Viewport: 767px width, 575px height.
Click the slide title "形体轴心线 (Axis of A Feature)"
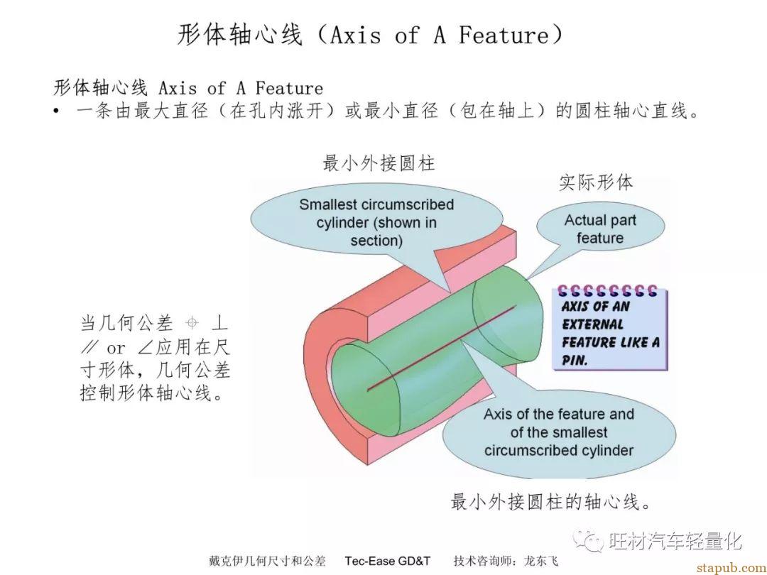pyautogui.click(x=370, y=35)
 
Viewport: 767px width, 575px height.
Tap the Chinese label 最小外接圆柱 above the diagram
pyautogui.click(x=379, y=163)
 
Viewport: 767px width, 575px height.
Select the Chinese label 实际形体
pyautogui.click(x=596, y=182)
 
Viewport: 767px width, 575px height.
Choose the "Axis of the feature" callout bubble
pyautogui.click(x=559, y=432)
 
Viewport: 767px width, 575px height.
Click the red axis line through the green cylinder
pyautogui.click(x=441, y=348)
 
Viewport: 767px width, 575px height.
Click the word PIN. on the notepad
pyautogui.click(x=575, y=361)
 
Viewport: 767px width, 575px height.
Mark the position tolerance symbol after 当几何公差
pyautogui.click(x=192, y=323)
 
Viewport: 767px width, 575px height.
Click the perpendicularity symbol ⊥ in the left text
pyautogui.click(x=219, y=323)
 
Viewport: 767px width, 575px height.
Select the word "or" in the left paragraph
pyautogui.click(x=116, y=348)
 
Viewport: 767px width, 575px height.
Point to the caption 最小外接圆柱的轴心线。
pyautogui.click(x=551, y=502)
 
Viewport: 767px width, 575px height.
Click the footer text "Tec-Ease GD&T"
pyautogui.click(x=388, y=561)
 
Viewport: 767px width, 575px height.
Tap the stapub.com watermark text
pyautogui.click(x=731, y=568)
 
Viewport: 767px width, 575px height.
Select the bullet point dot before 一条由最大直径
pyautogui.click(x=56, y=111)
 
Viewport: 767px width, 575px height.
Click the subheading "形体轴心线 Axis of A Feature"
pyautogui.click(x=188, y=88)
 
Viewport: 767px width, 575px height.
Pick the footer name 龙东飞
pyautogui.click(x=541, y=561)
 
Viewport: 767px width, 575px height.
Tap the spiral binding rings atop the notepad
pyautogui.click(x=607, y=292)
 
